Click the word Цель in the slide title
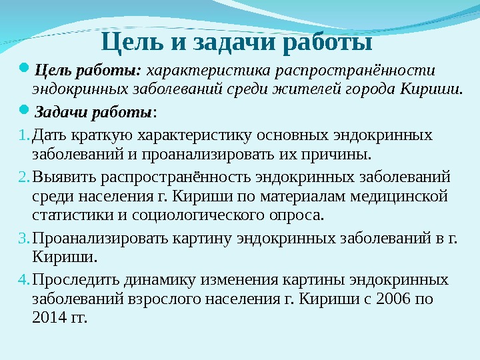(133, 44)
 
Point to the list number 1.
(22, 136)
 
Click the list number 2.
(22, 178)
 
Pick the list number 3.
(22, 238)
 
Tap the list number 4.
(22, 279)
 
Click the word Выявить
(61, 178)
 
